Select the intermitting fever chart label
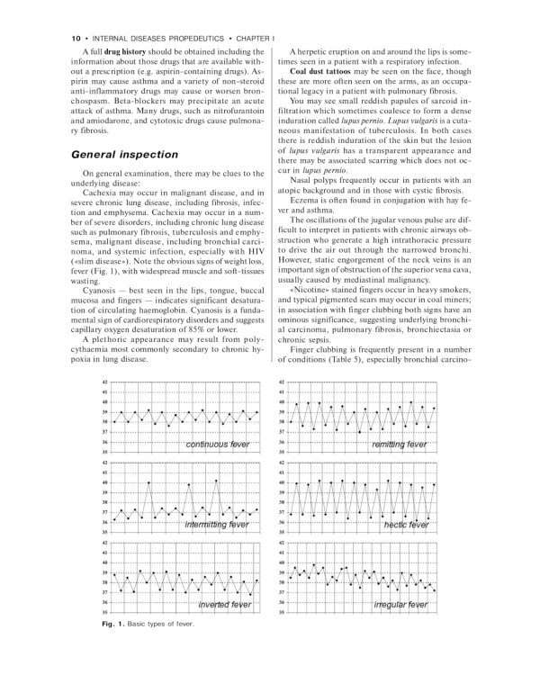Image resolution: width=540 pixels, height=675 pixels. [x=216, y=524]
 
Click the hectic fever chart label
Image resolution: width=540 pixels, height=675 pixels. [x=406, y=524]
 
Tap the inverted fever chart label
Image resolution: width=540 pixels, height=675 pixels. [x=224, y=605]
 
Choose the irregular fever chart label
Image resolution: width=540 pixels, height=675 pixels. [x=400, y=605]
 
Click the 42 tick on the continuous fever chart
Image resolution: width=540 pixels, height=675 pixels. [x=105, y=382]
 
